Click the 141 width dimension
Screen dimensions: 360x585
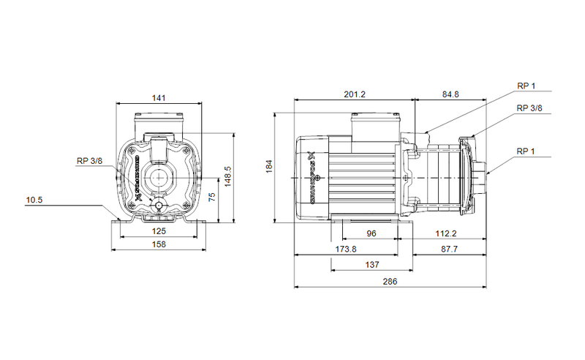click(x=158, y=97)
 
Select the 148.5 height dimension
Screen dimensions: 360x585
click(x=227, y=176)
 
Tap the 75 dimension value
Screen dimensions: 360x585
click(x=211, y=197)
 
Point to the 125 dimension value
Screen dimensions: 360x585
click(x=158, y=231)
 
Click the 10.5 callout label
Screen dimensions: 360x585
click(x=34, y=199)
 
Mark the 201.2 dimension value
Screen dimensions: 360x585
click(x=354, y=94)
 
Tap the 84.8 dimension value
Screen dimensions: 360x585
click(x=450, y=94)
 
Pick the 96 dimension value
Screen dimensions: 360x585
click(x=371, y=233)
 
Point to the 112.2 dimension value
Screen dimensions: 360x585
click(x=445, y=233)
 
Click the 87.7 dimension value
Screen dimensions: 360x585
click(x=450, y=250)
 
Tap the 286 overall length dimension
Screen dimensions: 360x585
click(x=390, y=282)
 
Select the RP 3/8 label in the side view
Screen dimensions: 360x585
click(x=529, y=108)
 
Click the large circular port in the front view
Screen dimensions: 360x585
click(x=158, y=176)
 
